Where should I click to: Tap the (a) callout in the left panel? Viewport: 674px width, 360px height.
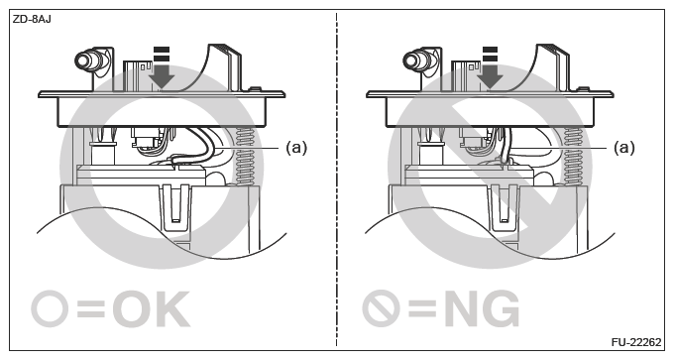296,147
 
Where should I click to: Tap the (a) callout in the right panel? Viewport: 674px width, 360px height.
623,147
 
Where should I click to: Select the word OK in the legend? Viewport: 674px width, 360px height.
150,309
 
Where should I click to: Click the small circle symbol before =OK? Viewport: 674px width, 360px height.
53,309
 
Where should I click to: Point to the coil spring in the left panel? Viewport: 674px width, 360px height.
248,159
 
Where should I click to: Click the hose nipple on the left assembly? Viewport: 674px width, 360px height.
86,60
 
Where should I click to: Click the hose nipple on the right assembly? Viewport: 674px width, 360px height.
415,60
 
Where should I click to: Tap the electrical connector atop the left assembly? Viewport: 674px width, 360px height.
136,73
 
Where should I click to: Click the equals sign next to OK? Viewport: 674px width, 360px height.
92,309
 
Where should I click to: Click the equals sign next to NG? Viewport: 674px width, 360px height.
421,309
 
